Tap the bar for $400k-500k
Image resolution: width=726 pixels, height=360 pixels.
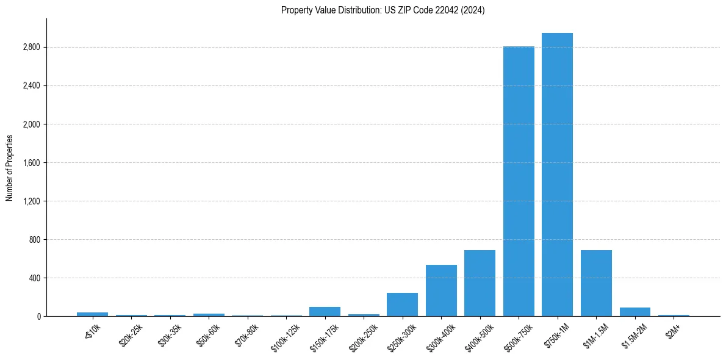click(x=480, y=283)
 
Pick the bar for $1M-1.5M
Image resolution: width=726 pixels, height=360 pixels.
click(x=596, y=283)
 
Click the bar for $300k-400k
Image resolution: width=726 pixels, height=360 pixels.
click(x=441, y=290)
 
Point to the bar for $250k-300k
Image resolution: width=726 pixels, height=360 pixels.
click(x=402, y=304)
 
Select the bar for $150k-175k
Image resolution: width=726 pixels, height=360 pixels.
click(x=325, y=311)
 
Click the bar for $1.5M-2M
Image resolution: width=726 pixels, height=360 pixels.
click(x=635, y=312)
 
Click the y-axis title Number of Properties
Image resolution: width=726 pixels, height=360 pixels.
click(x=10, y=168)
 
